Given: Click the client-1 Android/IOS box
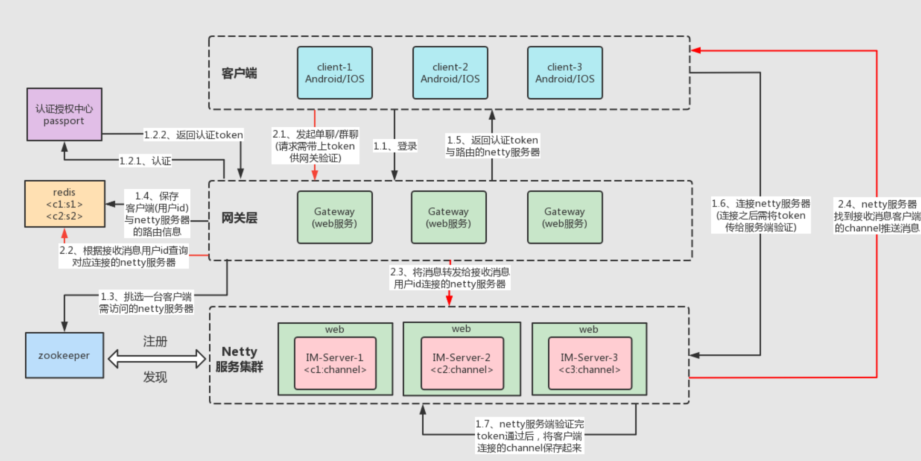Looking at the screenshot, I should coord(335,73).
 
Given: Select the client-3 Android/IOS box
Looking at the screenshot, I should coord(564,73).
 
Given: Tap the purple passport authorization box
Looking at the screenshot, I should coord(64,114).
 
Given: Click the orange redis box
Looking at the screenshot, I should coord(64,204).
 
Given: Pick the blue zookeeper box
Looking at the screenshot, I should coord(64,355).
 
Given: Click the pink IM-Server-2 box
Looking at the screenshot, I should coord(462,363).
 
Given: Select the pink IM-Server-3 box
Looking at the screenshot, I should coord(590,363).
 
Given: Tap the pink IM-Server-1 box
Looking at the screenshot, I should coord(335,363).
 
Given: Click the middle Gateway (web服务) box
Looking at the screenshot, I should coord(449,217).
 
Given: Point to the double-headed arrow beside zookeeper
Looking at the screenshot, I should coord(156,359).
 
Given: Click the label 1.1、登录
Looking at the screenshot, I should coord(395,146).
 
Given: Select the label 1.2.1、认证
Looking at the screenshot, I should coord(145,161).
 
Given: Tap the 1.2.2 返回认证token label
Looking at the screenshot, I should coord(193,135).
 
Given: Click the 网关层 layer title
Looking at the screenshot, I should coord(239,218).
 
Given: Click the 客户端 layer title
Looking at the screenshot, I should coord(239,73).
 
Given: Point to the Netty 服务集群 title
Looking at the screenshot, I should coord(239,359).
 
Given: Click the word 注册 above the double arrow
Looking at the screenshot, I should coord(155,341).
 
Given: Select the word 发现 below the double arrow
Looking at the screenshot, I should coord(155,377).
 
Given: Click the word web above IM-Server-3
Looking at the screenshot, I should coord(588,329).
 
